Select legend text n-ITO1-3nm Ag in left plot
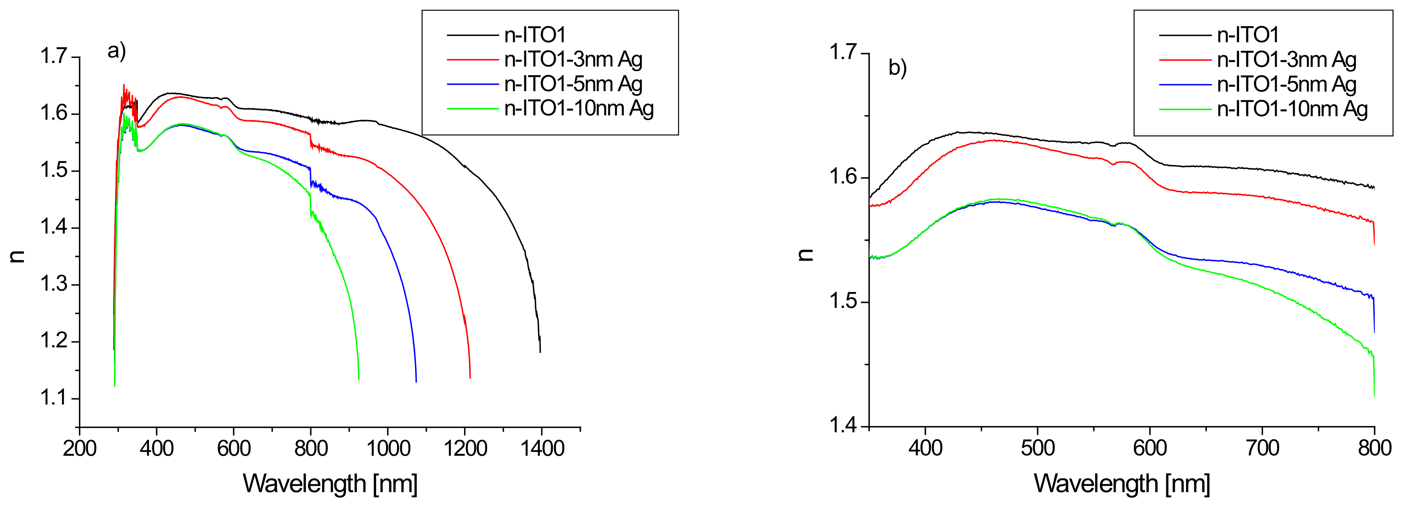pyautogui.click(x=573, y=59)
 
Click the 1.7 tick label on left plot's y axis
pyautogui.click(x=53, y=56)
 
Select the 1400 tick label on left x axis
pyautogui.click(x=542, y=448)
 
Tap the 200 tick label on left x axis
pyautogui.click(x=80, y=448)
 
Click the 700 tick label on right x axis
pyautogui.click(x=1262, y=448)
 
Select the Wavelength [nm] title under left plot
pyautogui.click(x=330, y=484)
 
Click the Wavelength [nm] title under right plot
pyautogui.click(x=1122, y=484)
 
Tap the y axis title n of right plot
pyautogui.click(x=805, y=255)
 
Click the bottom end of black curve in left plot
pyautogui.click(x=540, y=352)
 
